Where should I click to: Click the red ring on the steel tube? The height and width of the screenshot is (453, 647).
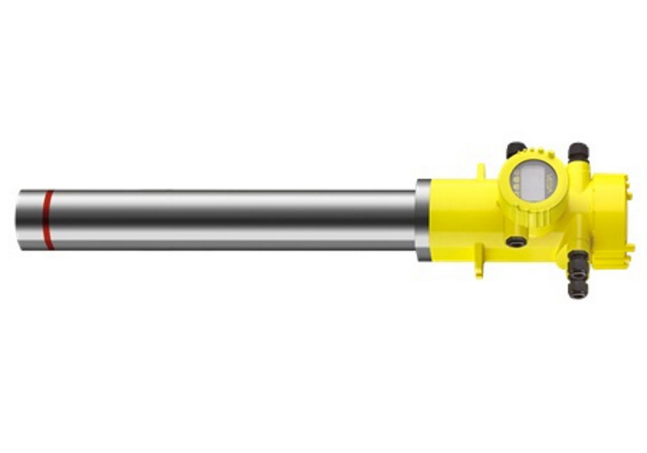48,220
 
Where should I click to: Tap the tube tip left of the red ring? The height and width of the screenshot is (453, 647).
29,220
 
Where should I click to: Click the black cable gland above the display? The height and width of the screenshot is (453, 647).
515,150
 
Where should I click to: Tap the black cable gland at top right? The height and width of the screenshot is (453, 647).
577,152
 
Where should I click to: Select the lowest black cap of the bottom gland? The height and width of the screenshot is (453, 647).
577,290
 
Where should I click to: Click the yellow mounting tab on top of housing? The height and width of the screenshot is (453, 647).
481,171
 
